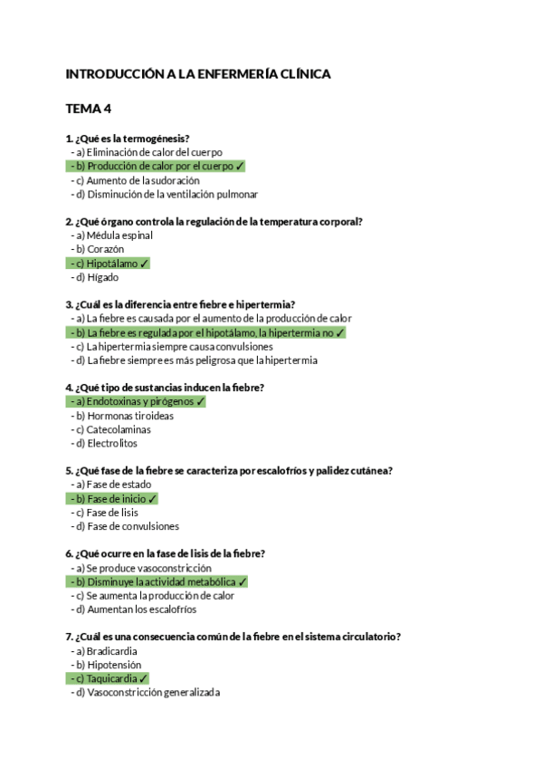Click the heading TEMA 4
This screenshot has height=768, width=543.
pos(89,109)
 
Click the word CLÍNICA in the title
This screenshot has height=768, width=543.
pos(303,74)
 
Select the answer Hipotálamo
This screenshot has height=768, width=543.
pos(112,264)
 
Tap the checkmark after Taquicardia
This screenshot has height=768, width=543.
pos(144,678)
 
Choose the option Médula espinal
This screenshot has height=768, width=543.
pos(119,235)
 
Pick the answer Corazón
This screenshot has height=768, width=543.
pos(105,249)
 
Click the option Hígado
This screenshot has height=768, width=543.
pos(102,277)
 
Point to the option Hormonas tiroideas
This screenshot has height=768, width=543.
pos(130,416)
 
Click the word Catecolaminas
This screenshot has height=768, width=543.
pos(119,429)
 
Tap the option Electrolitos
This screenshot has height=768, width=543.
pos(112,444)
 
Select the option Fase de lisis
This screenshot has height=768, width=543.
pos(112,513)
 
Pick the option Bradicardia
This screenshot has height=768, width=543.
pos(112,651)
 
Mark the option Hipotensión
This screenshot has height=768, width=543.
pos(114,665)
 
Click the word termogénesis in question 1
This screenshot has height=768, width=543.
pos(156,139)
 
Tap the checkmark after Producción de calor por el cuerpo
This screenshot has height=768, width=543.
pos(240,167)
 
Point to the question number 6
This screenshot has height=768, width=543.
pos(70,554)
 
